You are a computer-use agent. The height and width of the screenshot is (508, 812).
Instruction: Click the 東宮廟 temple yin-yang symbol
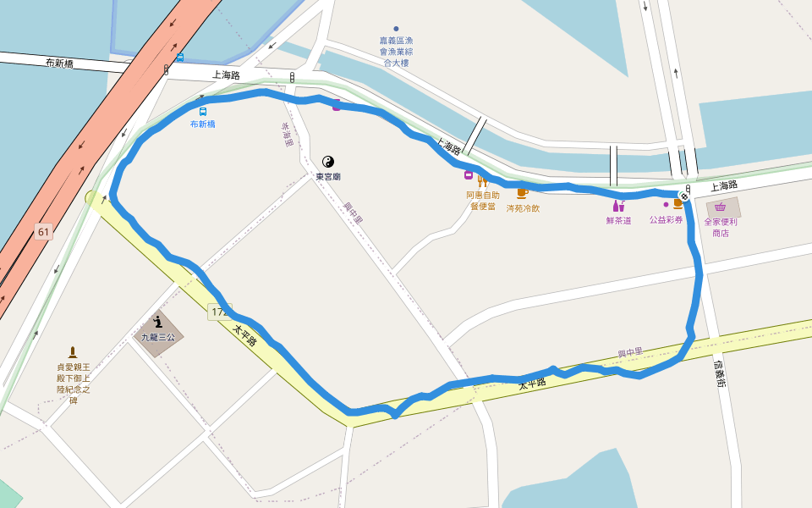click(x=328, y=162)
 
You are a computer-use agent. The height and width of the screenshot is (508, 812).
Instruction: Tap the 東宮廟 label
click(x=328, y=177)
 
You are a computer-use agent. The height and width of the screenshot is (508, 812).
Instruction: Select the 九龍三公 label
click(x=157, y=337)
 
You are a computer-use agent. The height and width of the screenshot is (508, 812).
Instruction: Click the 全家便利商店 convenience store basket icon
click(x=720, y=207)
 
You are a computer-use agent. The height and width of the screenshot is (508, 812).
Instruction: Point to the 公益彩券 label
click(x=666, y=219)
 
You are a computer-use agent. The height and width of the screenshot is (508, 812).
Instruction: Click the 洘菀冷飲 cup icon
click(x=522, y=193)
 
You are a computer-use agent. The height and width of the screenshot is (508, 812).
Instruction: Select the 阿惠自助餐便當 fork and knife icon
click(x=483, y=180)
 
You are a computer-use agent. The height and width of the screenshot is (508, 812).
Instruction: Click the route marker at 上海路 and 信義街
click(x=684, y=196)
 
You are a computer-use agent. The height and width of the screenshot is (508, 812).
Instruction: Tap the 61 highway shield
click(x=43, y=231)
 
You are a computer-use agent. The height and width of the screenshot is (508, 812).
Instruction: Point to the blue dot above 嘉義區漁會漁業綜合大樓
click(x=396, y=29)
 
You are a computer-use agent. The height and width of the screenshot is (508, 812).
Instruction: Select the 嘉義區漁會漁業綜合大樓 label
click(x=397, y=52)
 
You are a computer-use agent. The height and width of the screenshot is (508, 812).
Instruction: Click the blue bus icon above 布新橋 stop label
click(x=203, y=112)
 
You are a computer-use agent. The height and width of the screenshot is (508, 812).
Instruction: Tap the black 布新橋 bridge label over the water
click(x=61, y=63)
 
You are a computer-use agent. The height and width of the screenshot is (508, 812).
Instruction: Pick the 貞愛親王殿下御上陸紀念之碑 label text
click(x=73, y=384)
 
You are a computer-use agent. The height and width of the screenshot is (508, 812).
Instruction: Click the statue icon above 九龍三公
click(x=157, y=322)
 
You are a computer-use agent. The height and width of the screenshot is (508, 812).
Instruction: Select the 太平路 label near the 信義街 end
click(x=532, y=383)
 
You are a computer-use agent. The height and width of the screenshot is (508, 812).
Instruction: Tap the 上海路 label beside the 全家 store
click(x=724, y=185)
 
